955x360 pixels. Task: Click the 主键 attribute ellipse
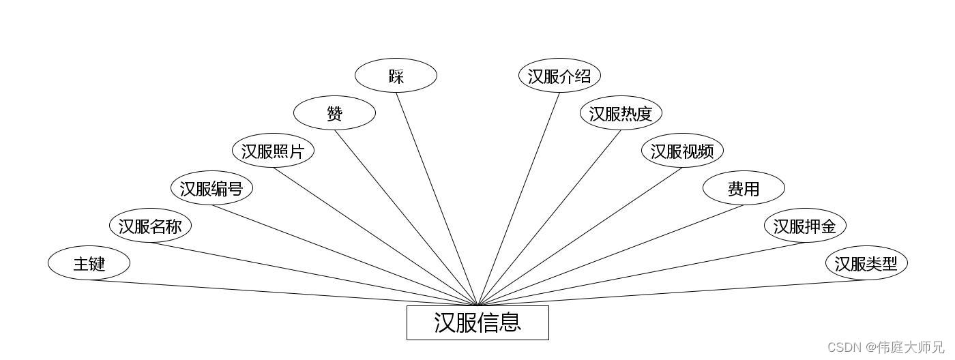(x=89, y=263)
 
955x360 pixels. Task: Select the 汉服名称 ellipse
(x=150, y=226)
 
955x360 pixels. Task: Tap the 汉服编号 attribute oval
(x=211, y=188)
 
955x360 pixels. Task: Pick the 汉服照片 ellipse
(x=273, y=151)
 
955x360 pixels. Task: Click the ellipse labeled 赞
(x=334, y=113)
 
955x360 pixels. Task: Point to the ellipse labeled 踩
(x=396, y=76)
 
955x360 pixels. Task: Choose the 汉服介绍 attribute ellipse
(x=559, y=76)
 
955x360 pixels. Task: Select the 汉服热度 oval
(x=621, y=113)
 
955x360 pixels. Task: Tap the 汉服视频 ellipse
(x=682, y=151)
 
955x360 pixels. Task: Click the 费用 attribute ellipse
(x=744, y=188)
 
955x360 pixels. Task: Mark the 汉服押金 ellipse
(x=805, y=226)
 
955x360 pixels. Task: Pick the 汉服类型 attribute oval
(x=866, y=263)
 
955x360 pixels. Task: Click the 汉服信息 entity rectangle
(x=477, y=322)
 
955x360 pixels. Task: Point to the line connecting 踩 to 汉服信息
(x=437, y=198)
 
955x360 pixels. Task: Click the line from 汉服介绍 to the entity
(x=519, y=198)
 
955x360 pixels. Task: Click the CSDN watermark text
(x=885, y=348)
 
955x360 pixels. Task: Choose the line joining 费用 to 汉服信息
(x=611, y=255)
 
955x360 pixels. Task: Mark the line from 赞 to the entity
(x=406, y=217)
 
